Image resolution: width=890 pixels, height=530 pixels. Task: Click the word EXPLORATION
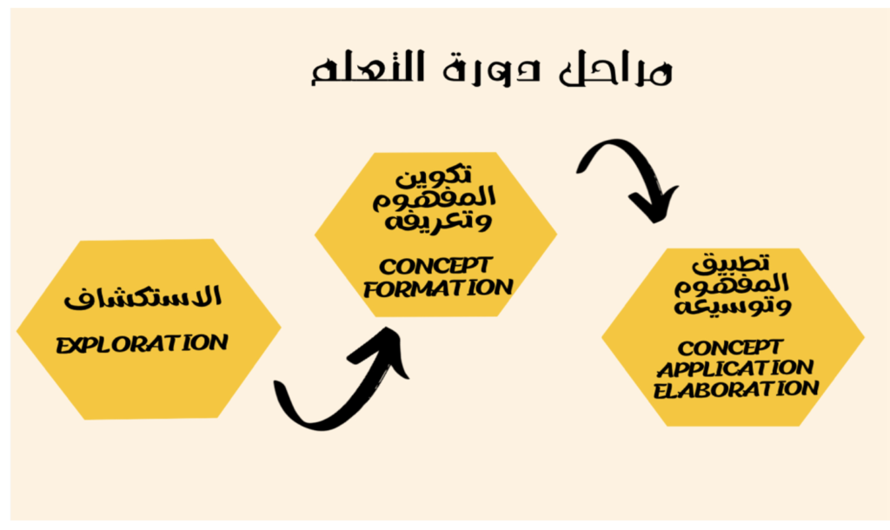click(142, 344)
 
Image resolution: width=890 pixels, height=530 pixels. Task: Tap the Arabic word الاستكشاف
click(143, 297)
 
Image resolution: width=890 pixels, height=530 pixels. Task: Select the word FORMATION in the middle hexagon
click(438, 288)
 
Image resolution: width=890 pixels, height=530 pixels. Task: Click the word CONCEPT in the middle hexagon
click(435, 266)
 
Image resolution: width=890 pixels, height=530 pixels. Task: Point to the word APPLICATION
click(735, 368)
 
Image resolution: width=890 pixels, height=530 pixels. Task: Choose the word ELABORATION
click(735, 390)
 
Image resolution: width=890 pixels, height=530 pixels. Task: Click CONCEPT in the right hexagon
click(730, 348)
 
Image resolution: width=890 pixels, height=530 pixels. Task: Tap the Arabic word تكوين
click(435, 176)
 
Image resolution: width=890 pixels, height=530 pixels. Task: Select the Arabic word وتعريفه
click(438, 220)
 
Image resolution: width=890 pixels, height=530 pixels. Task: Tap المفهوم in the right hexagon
click(732, 284)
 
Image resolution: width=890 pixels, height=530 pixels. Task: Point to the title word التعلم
click(368, 69)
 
